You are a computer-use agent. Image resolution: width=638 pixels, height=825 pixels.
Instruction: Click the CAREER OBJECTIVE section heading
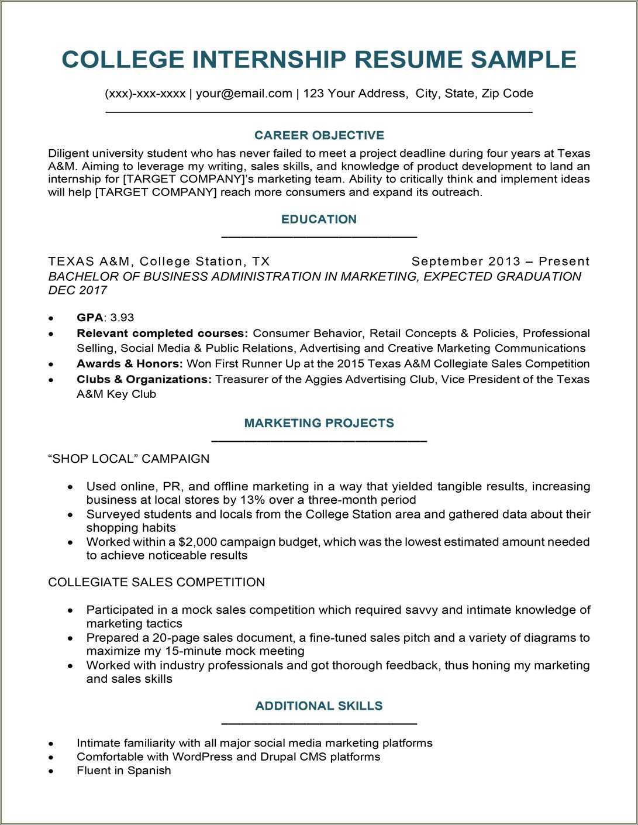point(319,136)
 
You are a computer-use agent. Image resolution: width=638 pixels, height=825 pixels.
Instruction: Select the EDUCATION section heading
point(319,219)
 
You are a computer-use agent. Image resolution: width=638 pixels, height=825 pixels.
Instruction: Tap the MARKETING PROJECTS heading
point(319,423)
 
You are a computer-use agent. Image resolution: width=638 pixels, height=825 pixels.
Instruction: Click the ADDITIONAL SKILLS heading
point(319,706)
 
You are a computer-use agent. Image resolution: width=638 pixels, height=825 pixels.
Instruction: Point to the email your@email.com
point(244,94)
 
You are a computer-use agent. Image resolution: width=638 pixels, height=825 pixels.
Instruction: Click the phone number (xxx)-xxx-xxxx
point(145,94)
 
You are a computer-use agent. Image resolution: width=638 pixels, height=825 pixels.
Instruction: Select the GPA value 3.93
point(122,318)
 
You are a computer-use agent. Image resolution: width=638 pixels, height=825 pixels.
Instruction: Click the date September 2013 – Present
point(500,262)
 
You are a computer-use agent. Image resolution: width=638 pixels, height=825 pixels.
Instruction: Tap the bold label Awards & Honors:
point(129,364)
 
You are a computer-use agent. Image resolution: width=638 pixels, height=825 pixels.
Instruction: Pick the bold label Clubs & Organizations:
point(144,379)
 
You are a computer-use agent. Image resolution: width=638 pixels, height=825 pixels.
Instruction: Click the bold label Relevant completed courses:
point(162,334)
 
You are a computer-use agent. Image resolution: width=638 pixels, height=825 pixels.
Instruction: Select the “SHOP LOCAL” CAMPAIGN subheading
point(129,459)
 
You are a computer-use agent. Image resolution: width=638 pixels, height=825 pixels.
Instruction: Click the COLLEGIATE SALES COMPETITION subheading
point(156,582)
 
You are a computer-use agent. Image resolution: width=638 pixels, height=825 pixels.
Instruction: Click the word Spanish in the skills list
point(149,771)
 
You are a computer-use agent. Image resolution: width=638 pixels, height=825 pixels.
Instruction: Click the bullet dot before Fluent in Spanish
point(51,771)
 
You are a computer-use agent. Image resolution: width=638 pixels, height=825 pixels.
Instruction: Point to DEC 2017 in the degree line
point(77,291)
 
